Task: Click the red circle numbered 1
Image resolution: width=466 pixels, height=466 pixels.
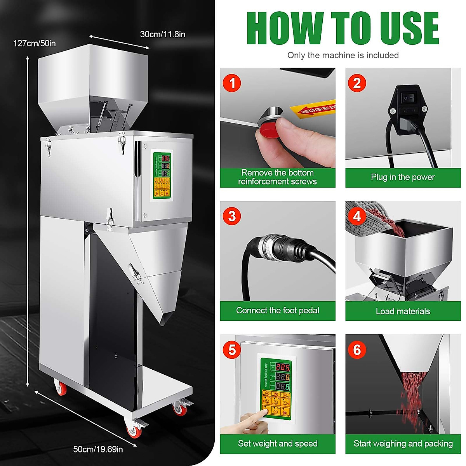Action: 232,83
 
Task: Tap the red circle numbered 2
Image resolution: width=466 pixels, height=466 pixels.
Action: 357,83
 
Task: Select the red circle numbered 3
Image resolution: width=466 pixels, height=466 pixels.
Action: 232,216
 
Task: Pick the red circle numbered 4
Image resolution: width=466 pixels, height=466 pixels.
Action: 357,216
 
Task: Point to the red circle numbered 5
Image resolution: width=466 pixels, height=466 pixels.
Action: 232,350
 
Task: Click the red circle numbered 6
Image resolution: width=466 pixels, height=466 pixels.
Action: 357,350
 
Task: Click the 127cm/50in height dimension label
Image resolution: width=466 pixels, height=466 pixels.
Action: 35,43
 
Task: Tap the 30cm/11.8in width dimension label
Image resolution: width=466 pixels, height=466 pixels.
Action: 163,34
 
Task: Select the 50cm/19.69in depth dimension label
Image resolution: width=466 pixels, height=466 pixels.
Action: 98,449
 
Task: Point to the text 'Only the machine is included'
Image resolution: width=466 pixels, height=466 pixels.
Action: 343,55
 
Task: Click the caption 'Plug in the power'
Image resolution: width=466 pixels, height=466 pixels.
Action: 403,177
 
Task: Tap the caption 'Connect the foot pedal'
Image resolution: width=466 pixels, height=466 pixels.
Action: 278,310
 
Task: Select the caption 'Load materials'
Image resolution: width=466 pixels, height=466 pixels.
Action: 403,311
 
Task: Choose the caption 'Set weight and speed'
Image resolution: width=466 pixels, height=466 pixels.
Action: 278,443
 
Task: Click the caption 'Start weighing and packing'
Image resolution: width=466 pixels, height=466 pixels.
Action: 403,443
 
